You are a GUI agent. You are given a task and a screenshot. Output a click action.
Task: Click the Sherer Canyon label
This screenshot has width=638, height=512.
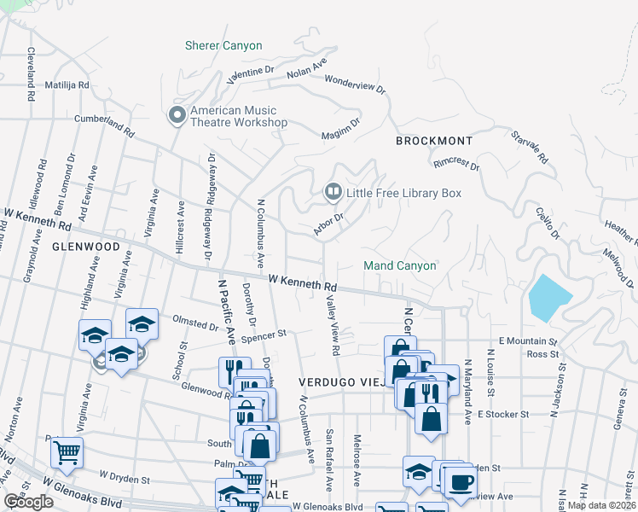[223, 45]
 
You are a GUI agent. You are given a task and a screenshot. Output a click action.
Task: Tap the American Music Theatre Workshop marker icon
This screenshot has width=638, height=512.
[177, 115]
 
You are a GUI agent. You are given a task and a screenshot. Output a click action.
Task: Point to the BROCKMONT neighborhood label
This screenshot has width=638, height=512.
[433, 140]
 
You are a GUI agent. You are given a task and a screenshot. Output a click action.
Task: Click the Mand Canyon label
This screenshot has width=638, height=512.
[400, 265]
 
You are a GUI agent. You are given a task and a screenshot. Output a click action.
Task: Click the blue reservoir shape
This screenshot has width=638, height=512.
[549, 297]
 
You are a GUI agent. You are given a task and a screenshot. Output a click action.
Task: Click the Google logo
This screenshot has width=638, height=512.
[28, 502]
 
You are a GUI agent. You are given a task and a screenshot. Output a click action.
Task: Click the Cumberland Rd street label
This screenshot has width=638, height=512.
[105, 125]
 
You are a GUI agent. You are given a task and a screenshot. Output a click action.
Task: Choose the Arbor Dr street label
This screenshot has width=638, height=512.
[328, 224]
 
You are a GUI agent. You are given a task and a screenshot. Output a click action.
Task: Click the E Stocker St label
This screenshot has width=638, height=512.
[503, 414]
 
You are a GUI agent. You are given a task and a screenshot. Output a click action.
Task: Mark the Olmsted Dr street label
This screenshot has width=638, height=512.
[195, 325]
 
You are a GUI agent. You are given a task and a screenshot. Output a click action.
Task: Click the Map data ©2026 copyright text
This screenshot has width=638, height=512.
[602, 504]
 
